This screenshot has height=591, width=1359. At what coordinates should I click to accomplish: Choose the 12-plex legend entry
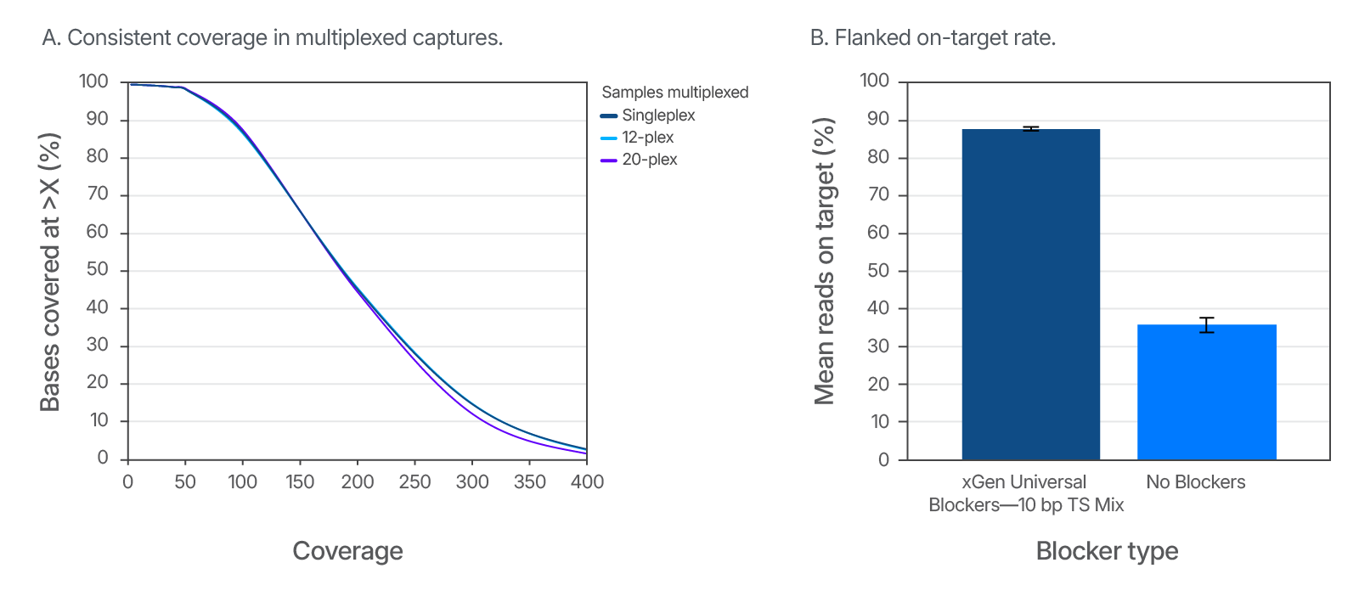tap(637, 138)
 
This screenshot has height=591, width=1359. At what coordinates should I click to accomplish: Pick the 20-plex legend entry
tap(639, 160)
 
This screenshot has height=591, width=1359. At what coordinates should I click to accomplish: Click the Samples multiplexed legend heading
tap(674, 93)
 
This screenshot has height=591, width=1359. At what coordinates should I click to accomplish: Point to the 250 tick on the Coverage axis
tap(414, 482)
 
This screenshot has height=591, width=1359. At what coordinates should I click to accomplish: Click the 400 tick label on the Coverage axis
tap(587, 482)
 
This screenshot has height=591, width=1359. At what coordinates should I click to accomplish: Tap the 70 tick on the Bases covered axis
tap(98, 194)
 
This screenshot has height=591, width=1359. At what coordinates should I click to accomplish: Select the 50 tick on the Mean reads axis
tap(878, 271)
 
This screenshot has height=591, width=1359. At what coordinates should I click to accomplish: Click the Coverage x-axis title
tap(347, 551)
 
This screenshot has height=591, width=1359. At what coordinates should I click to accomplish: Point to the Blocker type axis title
tap(1107, 551)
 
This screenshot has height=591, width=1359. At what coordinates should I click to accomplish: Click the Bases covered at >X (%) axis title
tap(50, 272)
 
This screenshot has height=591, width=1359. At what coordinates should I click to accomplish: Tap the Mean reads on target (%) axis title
tap(825, 261)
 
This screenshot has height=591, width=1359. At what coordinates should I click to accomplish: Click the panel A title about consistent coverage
tap(273, 38)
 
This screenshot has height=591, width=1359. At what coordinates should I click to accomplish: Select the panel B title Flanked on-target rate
tap(933, 38)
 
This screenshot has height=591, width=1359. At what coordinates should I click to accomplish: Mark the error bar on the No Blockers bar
tap(1206, 324)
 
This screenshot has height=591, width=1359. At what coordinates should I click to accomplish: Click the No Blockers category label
tap(1195, 482)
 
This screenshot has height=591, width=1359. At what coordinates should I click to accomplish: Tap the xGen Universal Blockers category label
tap(1025, 493)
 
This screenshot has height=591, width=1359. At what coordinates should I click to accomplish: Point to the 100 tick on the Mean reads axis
tap(875, 82)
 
